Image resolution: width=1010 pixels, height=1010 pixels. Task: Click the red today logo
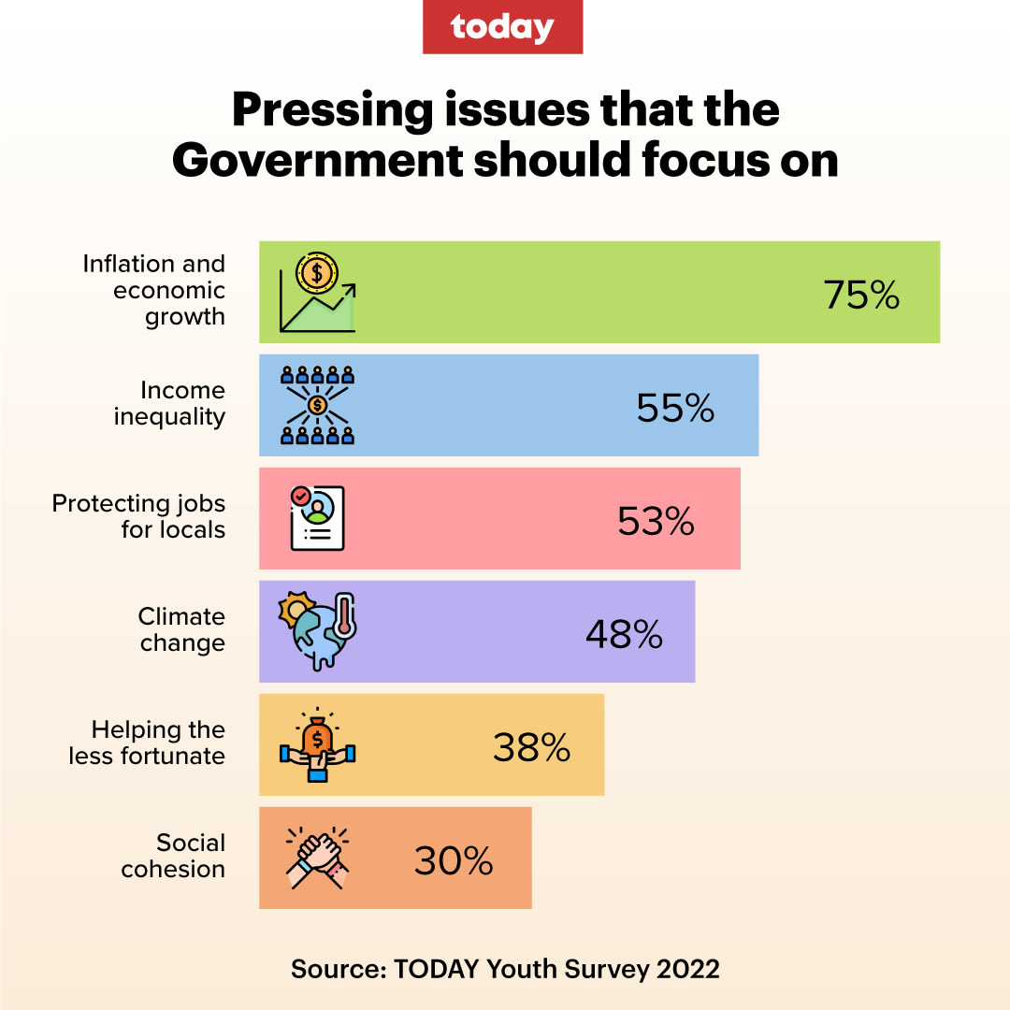pyautogui.click(x=503, y=27)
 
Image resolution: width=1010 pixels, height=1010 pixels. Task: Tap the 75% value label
pyautogui.click(x=861, y=295)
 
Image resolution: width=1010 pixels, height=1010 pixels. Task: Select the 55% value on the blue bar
pyautogui.click(x=675, y=408)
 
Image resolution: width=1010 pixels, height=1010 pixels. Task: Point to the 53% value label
pyautogui.click(x=656, y=521)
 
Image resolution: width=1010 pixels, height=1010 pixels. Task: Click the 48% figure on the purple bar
pyautogui.click(x=624, y=634)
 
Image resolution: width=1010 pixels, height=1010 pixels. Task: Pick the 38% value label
pyautogui.click(x=531, y=747)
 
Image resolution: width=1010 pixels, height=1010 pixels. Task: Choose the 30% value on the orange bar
pyautogui.click(x=454, y=860)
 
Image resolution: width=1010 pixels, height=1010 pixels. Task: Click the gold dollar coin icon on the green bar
pyautogui.click(x=316, y=274)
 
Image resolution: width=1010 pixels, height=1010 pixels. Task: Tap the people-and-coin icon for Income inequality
pyautogui.click(x=318, y=405)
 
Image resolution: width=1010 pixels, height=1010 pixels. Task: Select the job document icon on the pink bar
pyautogui.click(x=317, y=517)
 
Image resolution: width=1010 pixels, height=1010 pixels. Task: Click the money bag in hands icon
pyautogui.click(x=318, y=744)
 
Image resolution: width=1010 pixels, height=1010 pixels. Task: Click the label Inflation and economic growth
pyautogui.click(x=154, y=290)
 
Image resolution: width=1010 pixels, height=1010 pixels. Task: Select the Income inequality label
pyautogui.click(x=170, y=403)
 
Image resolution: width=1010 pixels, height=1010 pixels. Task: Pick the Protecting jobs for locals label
pyautogui.click(x=139, y=516)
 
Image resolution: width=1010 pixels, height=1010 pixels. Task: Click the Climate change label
pyautogui.click(x=182, y=629)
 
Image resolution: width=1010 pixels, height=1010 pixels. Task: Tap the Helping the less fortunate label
pyautogui.click(x=148, y=743)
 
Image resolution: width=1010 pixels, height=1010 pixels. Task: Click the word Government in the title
pyautogui.click(x=316, y=161)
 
